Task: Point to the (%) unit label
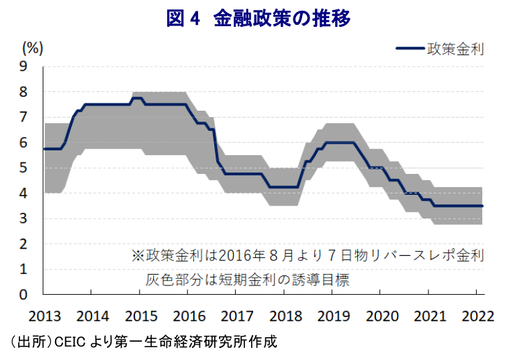point(32,48)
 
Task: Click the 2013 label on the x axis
point(44,316)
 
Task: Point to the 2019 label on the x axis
point(334,316)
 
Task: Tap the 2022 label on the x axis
point(478,316)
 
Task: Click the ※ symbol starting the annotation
point(138,255)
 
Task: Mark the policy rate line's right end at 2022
point(482,206)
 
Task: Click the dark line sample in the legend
point(410,48)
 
